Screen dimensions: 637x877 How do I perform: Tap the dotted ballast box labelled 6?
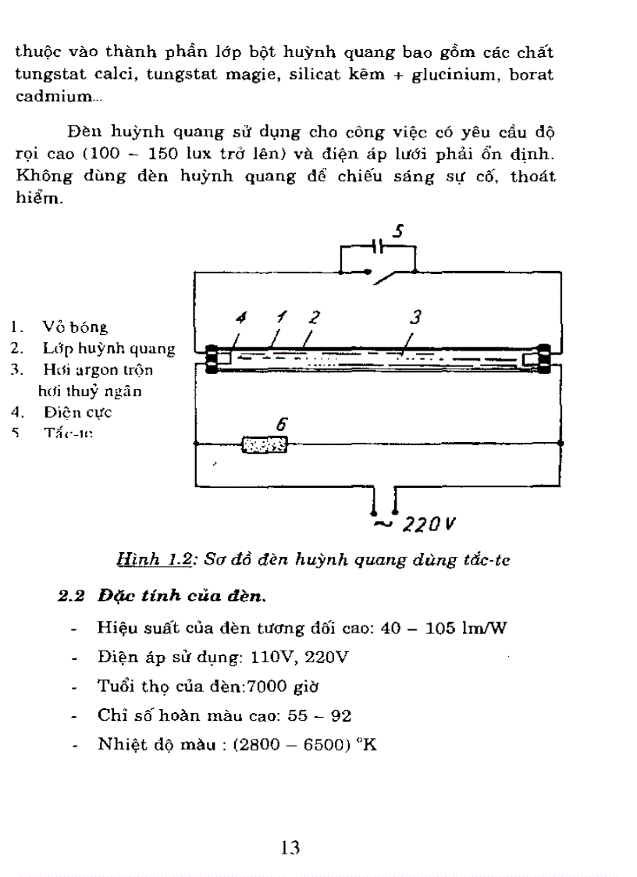(x=265, y=446)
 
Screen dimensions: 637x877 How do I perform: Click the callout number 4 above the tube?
(x=241, y=319)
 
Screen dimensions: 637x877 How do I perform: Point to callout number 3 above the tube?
(x=415, y=317)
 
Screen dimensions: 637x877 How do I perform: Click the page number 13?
(x=290, y=847)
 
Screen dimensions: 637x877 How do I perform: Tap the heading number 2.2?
(x=73, y=597)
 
